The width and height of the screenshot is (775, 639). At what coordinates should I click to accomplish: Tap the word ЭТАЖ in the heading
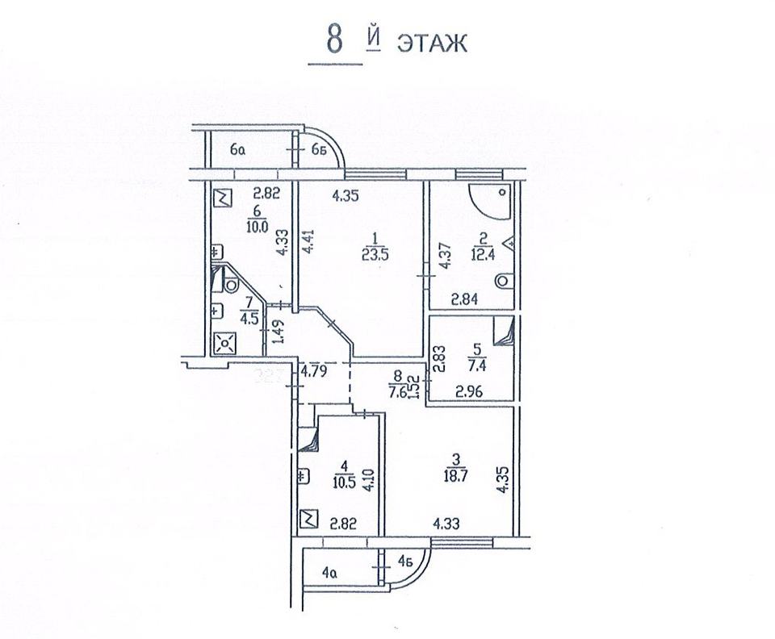pos(432,44)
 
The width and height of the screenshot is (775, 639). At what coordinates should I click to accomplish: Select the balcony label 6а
pos(237,150)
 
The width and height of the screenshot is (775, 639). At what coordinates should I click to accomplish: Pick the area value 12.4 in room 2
pos(483,255)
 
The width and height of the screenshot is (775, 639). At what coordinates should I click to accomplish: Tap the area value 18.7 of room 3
pos(455,476)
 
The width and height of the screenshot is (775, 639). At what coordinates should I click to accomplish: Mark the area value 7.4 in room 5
pos(476,367)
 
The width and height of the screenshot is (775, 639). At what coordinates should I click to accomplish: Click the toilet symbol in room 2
pos(502,281)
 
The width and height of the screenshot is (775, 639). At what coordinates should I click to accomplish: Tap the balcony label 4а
pos(329,573)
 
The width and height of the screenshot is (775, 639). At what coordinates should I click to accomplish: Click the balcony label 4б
pos(406,561)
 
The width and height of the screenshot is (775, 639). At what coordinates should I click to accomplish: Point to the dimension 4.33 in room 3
pos(446,523)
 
